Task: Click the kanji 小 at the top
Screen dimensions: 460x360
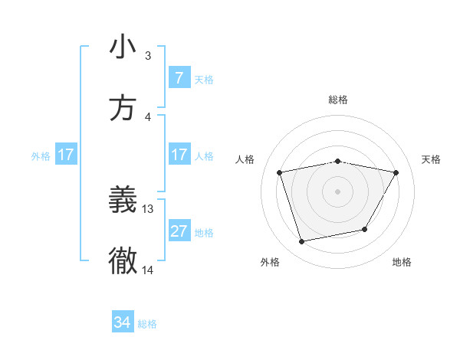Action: coord(123,47)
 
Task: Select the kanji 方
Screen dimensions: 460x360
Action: coord(123,108)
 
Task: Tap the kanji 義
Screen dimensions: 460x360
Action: coord(123,200)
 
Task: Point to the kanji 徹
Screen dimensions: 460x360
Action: coord(123,261)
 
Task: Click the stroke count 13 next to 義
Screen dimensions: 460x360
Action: coord(148,208)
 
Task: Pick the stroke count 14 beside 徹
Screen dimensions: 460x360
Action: coord(148,270)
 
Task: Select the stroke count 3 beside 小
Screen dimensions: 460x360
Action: coord(148,55)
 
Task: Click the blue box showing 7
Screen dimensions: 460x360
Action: coord(179,77)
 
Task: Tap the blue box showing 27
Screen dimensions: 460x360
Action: coord(179,231)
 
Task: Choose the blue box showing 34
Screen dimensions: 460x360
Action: coord(123,322)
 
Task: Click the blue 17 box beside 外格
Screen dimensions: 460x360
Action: coord(66,155)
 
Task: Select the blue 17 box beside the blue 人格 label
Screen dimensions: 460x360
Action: coord(179,155)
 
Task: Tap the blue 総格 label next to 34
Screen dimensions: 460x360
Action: coord(147,324)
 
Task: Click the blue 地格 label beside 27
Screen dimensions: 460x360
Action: coord(204,233)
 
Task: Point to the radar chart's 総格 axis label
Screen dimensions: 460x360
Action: coord(338,100)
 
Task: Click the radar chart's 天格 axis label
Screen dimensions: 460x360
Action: coord(431,159)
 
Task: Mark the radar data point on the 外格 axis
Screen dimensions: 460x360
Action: coord(302,242)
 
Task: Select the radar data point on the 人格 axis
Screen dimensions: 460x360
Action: coord(280,172)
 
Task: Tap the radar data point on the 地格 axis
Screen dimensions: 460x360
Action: coord(365,229)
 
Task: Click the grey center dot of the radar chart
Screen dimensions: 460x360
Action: coord(338,191)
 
